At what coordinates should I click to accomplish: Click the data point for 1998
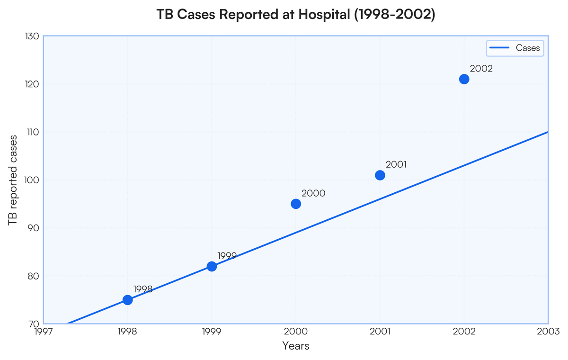click(x=127, y=300)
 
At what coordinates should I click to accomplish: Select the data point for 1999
click(x=212, y=266)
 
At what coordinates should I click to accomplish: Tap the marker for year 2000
click(x=296, y=204)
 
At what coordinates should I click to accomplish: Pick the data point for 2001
click(x=380, y=175)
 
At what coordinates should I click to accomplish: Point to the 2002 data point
click(x=464, y=79)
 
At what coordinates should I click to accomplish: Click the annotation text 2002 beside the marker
click(x=481, y=69)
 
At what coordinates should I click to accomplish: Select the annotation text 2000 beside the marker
click(x=313, y=193)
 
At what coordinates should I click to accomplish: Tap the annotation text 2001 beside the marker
click(x=396, y=165)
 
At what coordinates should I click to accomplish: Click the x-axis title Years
click(x=296, y=346)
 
